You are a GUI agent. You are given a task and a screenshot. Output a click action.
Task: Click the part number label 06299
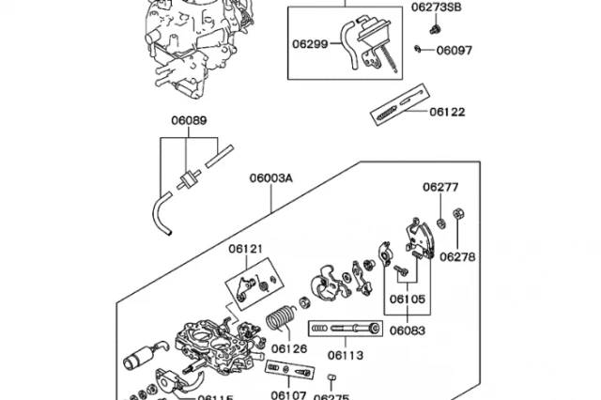tap(310, 44)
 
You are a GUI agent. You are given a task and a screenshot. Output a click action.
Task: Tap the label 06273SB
tap(436, 8)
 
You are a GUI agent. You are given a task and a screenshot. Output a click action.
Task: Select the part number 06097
tap(455, 50)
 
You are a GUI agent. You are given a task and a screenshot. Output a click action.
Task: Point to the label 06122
tap(447, 112)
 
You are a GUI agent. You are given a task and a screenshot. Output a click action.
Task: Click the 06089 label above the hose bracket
tap(189, 120)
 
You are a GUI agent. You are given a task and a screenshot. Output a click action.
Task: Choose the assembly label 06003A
tap(271, 178)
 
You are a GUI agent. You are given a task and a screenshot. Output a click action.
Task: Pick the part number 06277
tap(440, 187)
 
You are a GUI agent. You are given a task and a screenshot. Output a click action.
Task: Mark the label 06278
tap(457, 256)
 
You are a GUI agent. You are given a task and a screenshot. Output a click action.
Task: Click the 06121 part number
tap(246, 249)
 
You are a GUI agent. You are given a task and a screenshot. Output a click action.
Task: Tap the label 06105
tap(408, 299)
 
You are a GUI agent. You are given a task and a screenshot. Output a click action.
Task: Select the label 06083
tap(408, 331)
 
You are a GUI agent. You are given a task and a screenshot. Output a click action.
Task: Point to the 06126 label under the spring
tap(289, 348)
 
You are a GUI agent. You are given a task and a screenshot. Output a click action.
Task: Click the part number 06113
tap(346, 356)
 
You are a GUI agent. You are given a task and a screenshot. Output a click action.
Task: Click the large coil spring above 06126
tap(280, 317)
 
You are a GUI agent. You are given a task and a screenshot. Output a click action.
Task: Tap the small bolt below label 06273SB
tap(434, 29)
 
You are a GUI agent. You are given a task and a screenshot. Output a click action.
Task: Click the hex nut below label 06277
tap(441, 223)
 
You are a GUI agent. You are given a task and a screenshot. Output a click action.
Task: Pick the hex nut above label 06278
tap(457, 213)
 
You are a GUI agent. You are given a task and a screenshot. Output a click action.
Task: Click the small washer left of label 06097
tap(418, 49)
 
